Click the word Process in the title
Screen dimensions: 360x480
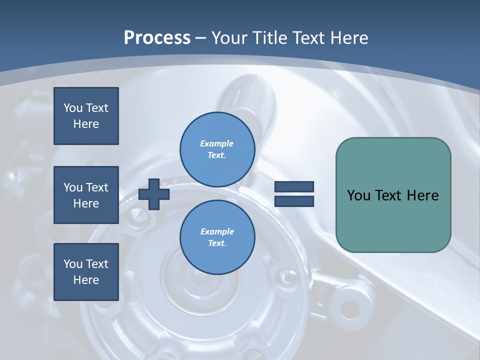click(x=157, y=38)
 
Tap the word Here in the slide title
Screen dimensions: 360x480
click(x=347, y=38)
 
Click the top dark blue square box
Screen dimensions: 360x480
click(x=86, y=116)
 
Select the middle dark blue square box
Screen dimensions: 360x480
click(x=86, y=195)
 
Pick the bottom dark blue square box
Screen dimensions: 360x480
click(x=86, y=272)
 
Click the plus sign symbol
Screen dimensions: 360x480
click(x=154, y=194)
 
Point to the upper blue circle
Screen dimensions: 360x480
click(x=217, y=149)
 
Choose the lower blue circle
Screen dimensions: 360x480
click(x=217, y=237)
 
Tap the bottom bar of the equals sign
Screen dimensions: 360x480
click(x=294, y=201)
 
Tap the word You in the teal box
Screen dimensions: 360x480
click(x=358, y=195)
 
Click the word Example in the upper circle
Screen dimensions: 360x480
click(x=217, y=143)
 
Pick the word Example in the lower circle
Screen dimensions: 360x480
click(x=217, y=231)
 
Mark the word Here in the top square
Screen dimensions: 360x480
click(x=86, y=124)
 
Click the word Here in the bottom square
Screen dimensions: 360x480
click(x=86, y=280)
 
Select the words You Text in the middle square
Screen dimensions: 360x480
click(x=86, y=187)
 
